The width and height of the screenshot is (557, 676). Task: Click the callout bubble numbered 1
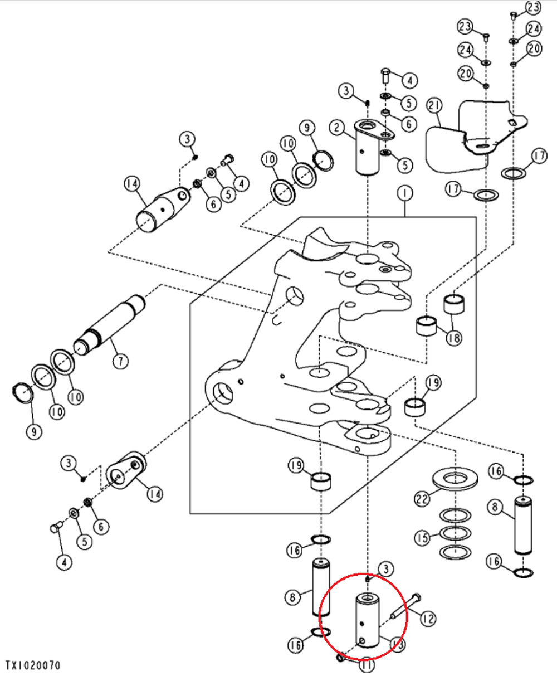(404, 193)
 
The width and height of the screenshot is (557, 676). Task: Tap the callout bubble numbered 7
(120, 361)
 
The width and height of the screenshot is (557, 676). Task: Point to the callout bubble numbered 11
(366, 664)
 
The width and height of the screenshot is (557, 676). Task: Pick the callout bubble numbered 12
(428, 618)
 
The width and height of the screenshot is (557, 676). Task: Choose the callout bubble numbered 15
(422, 538)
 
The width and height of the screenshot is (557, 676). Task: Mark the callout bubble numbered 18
(454, 337)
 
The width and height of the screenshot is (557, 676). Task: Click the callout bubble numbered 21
(434, 105)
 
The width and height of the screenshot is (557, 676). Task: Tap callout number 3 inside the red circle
(385, 568)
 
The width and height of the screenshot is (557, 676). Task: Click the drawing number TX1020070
(33, 665)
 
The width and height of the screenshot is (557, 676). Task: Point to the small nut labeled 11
(341, 658)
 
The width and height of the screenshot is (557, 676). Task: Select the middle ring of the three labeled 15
(455, 533)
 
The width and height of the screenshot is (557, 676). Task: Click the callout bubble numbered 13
(397, 645)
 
